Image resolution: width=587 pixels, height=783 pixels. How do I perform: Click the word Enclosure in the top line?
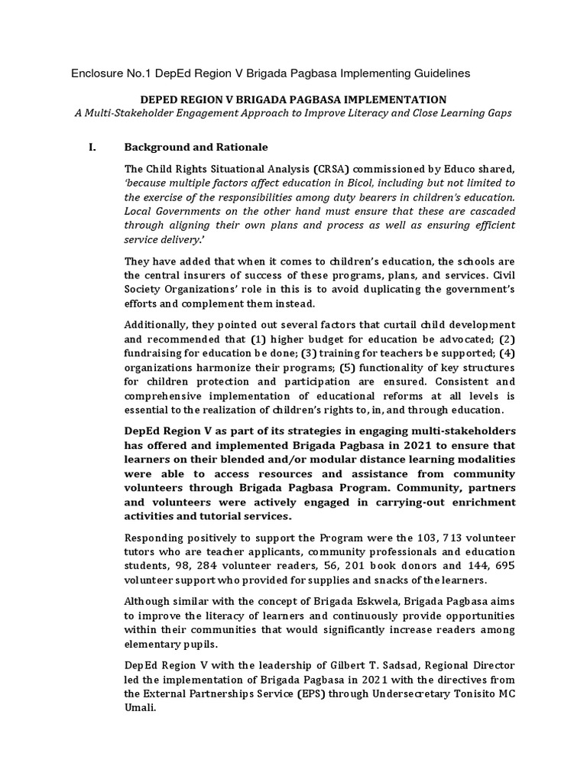tap(98, 73)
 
